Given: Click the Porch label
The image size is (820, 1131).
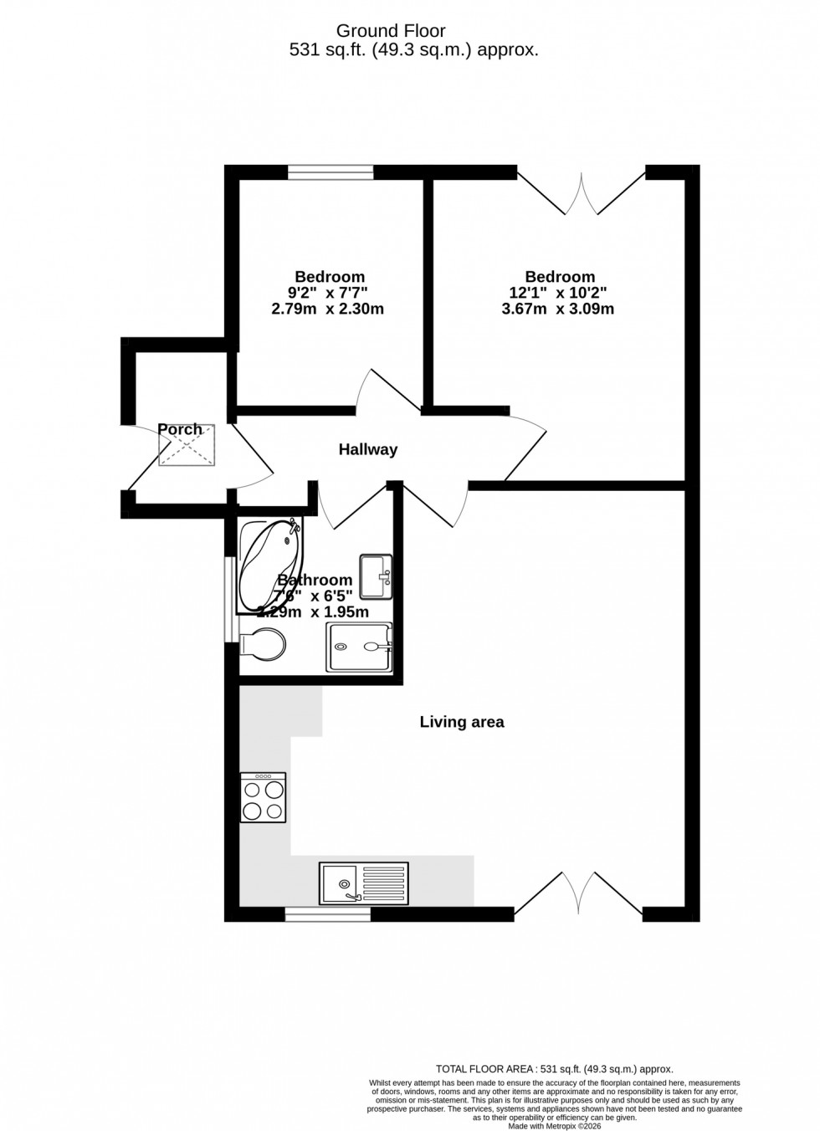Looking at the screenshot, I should tap(180, 430).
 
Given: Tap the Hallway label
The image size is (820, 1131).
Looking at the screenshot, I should tap(367, 450).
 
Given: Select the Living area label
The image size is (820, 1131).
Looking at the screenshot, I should tap(462, 722).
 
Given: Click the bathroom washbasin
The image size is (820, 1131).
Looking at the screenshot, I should tap(376, 576).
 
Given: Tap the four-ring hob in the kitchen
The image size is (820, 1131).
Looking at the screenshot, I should tap(264, 798).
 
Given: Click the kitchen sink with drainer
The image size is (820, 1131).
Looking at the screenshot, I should tap(364, 883).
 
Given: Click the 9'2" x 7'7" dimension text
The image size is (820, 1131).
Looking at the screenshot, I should tap(328, 293).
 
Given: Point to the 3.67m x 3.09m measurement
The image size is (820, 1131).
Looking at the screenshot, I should tap(560, 309).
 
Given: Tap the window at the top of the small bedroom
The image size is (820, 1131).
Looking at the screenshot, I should tap(331, 172).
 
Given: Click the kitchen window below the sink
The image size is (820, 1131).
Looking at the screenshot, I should tap(327, 915).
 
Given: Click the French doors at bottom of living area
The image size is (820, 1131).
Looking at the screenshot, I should tap(578, 895).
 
